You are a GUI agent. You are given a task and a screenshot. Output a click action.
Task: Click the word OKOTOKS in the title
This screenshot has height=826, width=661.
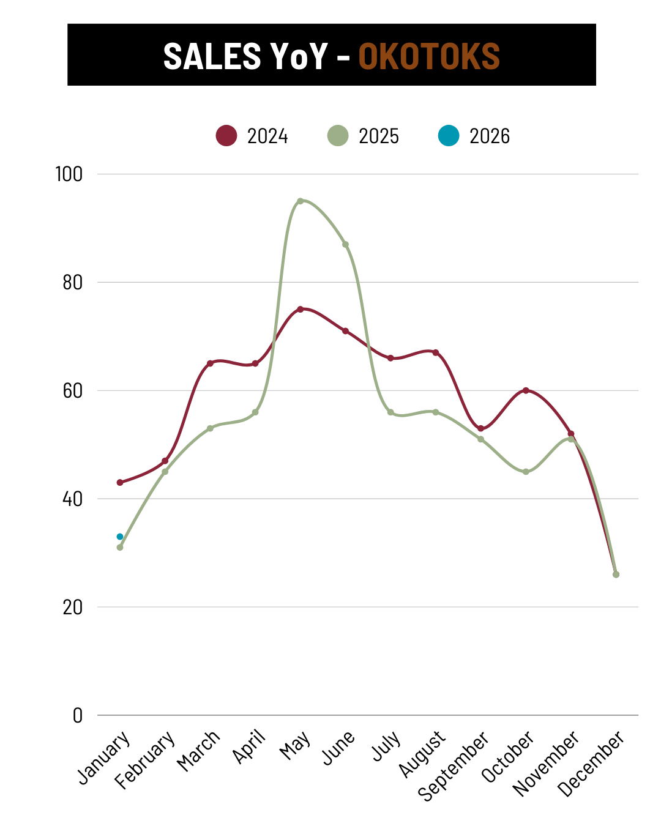coord(428,56)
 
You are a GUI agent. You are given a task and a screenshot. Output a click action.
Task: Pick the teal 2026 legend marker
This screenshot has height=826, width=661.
coord(449,135)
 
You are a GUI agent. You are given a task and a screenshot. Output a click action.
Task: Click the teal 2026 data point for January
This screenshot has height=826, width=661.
coord(120,537)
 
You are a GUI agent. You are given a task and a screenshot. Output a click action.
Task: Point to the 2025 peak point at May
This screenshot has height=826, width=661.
coord(300,201)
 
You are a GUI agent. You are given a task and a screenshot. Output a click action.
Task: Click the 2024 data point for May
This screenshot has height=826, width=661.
coord(300,309)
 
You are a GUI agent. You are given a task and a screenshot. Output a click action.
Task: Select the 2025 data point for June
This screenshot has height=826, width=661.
coord(345,244)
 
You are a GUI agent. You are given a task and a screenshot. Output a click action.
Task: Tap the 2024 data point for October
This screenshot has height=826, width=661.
coord(526,390)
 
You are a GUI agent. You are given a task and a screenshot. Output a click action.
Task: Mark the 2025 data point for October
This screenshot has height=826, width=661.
coord(526,472)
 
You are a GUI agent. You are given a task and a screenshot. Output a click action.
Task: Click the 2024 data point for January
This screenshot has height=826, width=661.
coord(120,482)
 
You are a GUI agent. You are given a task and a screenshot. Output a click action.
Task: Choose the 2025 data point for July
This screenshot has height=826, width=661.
coord(390,412)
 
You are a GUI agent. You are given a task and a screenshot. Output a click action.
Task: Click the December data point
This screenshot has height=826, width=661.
coord(616,574)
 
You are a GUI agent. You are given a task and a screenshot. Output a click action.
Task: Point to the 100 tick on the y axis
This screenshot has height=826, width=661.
coord(69,174)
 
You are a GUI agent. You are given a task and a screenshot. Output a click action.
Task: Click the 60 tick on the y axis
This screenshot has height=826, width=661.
coord(72,390)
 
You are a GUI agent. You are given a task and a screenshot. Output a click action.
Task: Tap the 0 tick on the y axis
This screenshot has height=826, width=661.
coord(77,715)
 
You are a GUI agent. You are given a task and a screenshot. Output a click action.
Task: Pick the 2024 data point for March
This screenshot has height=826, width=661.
coord(210,363)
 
